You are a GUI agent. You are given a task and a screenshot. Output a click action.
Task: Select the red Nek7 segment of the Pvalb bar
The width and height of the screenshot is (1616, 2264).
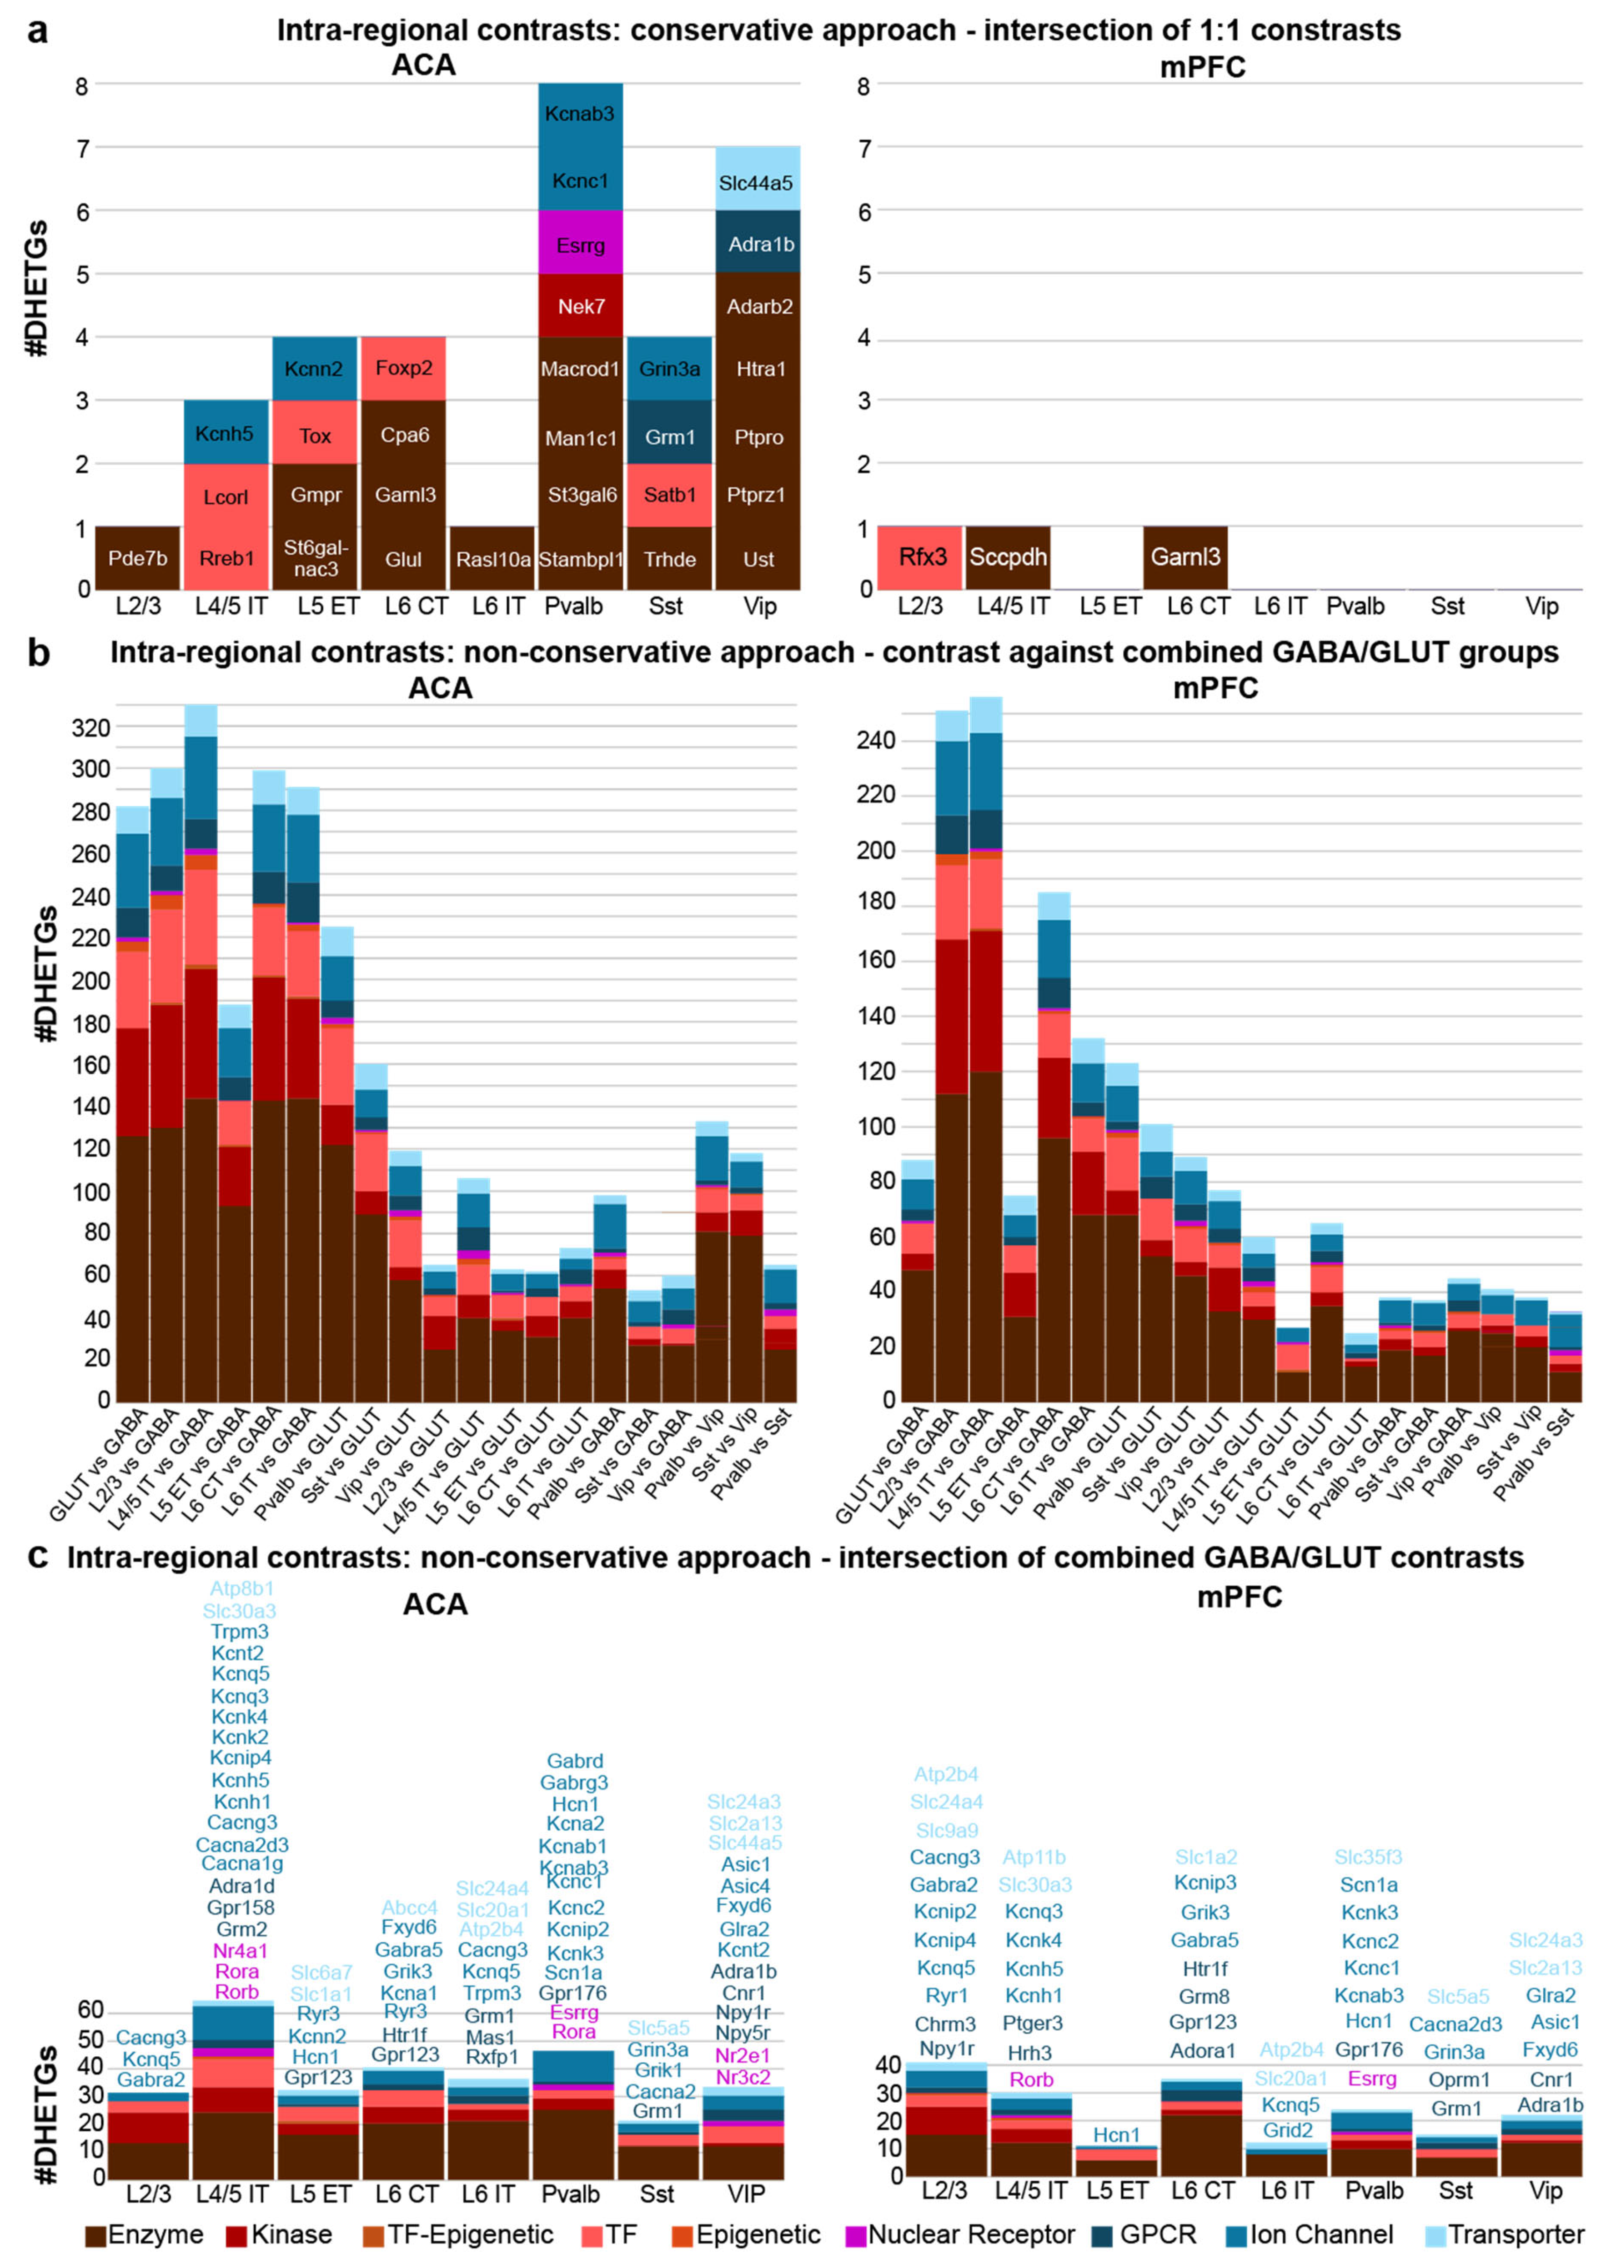coord(581,306)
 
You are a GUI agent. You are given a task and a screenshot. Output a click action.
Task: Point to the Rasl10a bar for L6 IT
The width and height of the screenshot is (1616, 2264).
coord(493,559)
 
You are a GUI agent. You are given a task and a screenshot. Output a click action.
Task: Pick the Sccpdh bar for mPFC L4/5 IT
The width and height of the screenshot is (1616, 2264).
coord(1008,557)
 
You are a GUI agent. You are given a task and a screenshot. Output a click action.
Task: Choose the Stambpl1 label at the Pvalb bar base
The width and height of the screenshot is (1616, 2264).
coord(581,559)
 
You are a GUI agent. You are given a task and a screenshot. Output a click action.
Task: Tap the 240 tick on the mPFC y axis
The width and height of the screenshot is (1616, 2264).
coord(876,740)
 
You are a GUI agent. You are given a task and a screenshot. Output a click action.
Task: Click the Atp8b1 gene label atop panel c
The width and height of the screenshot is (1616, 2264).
coord(242,1588)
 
